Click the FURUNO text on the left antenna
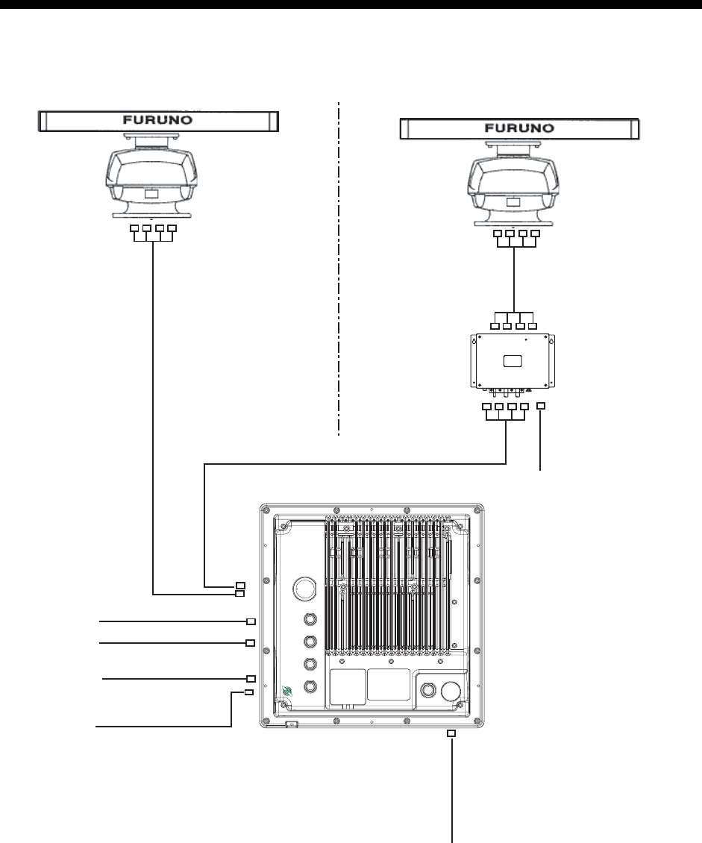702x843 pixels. coord(159,119)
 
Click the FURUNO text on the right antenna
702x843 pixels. coord(519,128)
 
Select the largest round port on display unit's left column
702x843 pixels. coord(304,587)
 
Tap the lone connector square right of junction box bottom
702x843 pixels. coord(542,405)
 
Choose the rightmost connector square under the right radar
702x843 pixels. coord(535,235)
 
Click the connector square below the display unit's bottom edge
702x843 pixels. coord(451,733)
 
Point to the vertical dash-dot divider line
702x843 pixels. coord(339,269)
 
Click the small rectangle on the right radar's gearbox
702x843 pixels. coord(513,202)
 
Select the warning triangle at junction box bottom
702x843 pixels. coord(527,389)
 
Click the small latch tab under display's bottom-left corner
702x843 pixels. coord(292,724)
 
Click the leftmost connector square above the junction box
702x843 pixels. coord(495,325)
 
